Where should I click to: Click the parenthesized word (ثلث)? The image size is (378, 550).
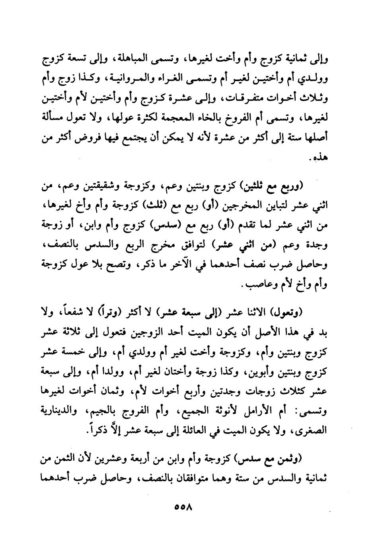[151, 207]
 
